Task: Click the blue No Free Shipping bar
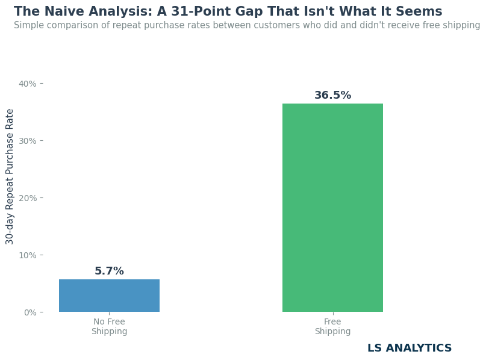tap(109, 296)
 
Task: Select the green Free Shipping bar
tap(332, 208)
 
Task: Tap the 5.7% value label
tap(109, 271)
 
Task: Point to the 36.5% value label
tap(332, 95)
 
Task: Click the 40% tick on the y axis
tap(28, 84)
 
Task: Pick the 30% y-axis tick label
tap(28, 141)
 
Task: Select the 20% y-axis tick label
tap(28, 198)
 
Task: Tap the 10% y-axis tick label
tap(28, 255)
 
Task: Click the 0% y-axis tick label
tap(30, 312)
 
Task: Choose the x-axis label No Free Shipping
tap(109, 326)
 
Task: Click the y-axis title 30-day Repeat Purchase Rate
tap(9, 176)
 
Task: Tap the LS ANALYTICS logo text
tap(410, 348)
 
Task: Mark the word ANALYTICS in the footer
tap(419, 348)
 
